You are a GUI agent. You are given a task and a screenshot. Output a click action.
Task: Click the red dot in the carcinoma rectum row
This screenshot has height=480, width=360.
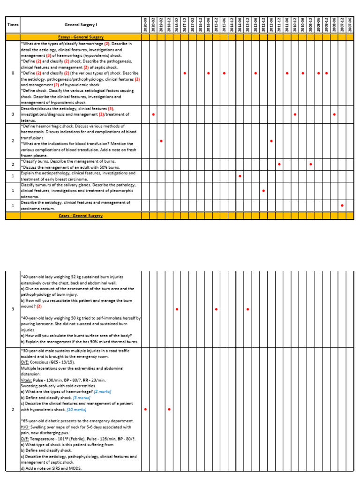(x=342, y=206)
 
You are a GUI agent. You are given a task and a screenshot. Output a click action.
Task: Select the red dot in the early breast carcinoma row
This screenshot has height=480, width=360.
(x=240, y=176)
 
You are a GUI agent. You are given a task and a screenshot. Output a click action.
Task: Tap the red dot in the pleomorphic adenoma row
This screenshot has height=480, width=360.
(x=263, y=191)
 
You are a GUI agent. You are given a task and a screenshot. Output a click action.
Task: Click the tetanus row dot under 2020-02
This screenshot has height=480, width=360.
(x=153, y=114)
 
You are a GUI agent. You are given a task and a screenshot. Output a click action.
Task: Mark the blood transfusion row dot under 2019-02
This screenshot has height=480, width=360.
(x=161, y=141)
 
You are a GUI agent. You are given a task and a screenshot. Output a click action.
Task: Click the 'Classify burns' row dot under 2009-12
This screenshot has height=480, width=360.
(x=310, y=165)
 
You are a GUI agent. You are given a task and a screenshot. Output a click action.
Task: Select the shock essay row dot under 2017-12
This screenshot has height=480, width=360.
(x=185, y=74)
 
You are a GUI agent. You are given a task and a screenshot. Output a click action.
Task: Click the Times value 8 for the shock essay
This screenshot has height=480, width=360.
(x=12, y=74)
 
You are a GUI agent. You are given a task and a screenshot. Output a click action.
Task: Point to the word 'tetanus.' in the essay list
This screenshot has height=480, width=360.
(x=28, y=120)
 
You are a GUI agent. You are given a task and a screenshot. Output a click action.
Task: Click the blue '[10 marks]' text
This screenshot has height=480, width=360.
(x=76, y=409)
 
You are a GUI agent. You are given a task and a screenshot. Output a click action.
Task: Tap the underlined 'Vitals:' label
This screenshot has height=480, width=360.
(x=27, y=380)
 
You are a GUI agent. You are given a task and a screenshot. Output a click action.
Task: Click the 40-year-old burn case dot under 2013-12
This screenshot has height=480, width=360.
(x=247, y=309)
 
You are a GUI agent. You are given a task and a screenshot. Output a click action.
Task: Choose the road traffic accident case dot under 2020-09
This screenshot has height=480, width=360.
(x=145, y=410)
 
